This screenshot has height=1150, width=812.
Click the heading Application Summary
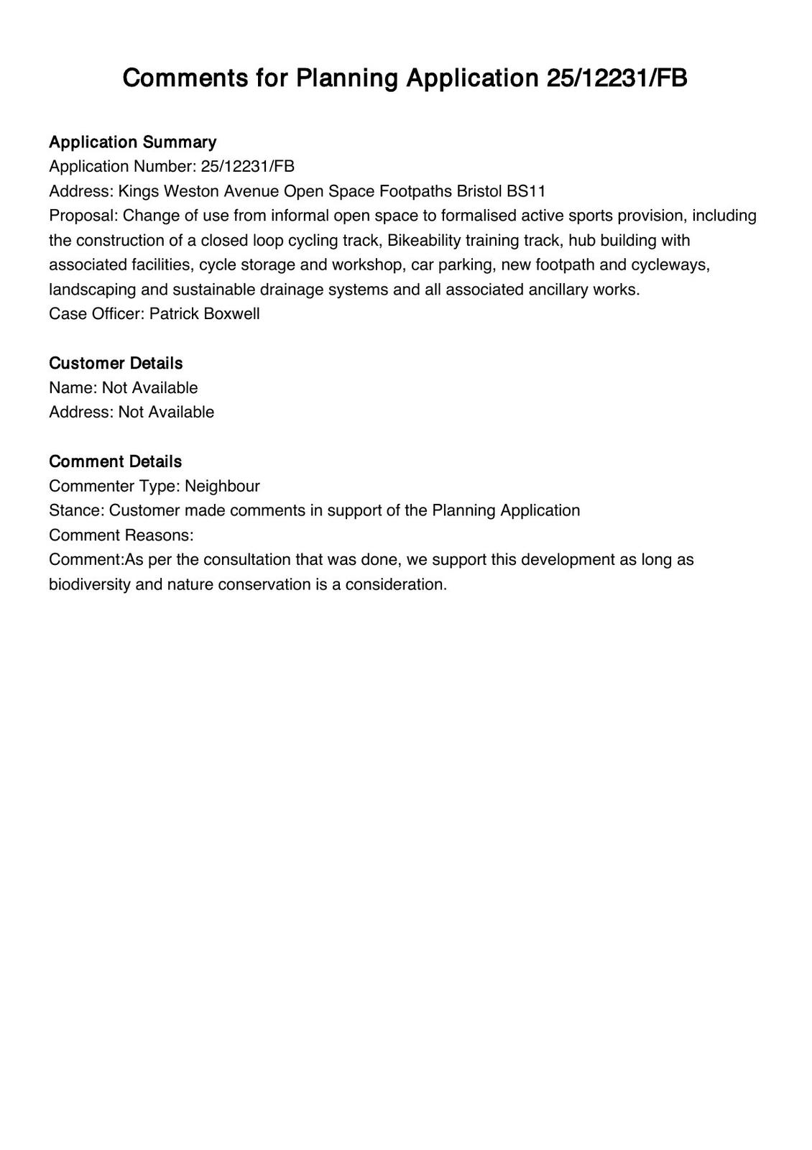point(132,142)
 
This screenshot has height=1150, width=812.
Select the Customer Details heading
point(116,363)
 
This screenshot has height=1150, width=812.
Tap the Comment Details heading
point(115,461)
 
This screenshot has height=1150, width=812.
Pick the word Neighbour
point(222,486)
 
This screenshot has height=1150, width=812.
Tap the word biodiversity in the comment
point(90,584)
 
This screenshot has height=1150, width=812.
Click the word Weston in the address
point(191,191)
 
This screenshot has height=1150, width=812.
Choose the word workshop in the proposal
point(368,264)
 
